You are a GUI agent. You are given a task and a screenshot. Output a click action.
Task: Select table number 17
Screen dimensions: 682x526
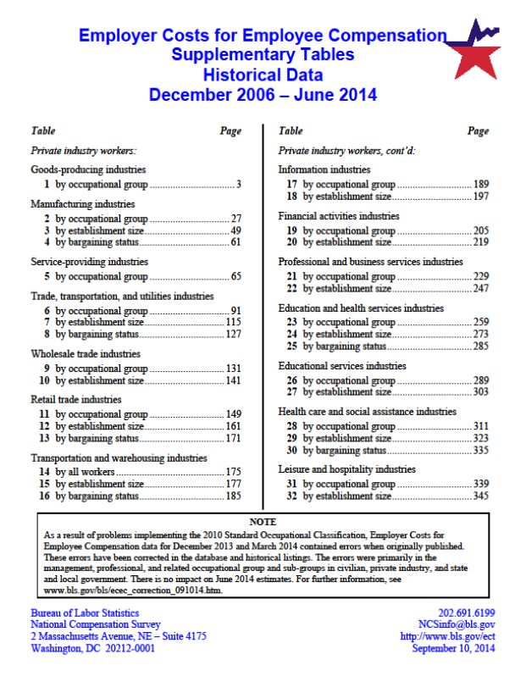291,185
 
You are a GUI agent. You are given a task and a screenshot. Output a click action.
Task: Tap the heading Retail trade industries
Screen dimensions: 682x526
76,400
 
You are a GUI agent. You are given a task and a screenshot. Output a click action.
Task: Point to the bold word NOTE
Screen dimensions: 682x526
263,522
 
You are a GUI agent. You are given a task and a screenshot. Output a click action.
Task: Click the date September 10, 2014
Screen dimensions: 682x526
453,649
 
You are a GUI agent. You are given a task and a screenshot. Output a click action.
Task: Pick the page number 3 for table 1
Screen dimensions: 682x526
240,185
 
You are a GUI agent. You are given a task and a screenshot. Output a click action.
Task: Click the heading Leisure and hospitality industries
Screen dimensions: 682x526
346,469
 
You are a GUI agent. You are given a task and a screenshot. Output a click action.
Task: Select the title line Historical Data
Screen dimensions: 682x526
263,75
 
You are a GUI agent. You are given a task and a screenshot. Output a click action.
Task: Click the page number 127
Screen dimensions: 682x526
233,334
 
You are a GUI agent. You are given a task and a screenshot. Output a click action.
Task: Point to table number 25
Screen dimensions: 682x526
291,346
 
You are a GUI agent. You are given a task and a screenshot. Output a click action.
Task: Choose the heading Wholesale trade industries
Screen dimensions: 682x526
86,354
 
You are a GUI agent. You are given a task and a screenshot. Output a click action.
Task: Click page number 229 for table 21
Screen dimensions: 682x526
480,277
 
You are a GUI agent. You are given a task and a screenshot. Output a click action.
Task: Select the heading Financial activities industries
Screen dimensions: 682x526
339,216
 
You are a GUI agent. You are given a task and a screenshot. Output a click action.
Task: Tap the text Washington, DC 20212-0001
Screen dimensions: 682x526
93,649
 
